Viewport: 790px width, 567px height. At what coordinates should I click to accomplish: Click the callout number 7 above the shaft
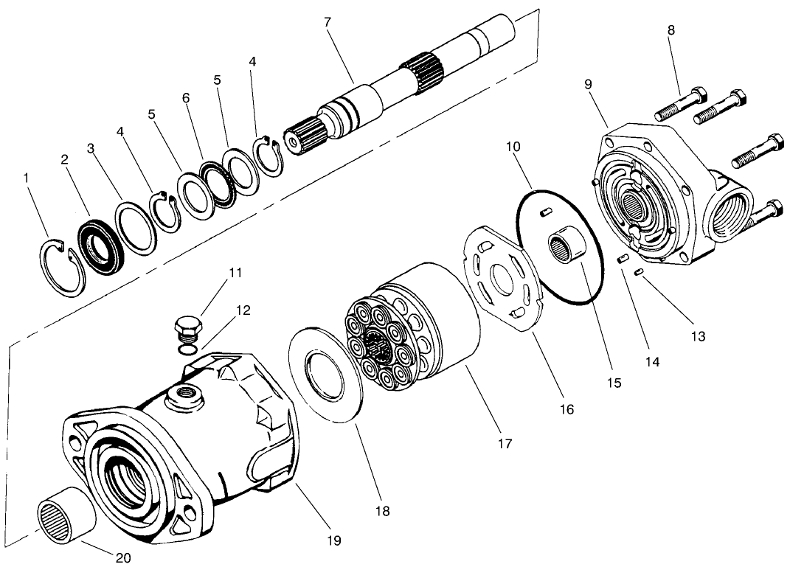328,22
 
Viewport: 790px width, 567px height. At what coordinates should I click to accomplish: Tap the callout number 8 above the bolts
671,31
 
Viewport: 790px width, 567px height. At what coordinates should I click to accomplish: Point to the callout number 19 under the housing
334,540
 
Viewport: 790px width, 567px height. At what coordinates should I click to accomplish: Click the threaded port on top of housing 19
184,397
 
